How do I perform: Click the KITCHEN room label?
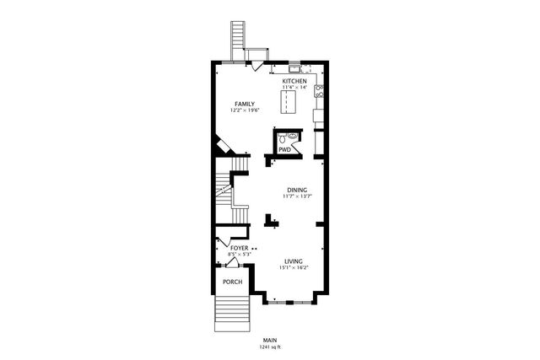[x=294, y=81]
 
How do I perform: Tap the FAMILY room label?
[x=245, y=104]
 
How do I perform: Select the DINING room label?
[x=296, y=190]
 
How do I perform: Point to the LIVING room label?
[x=294, y=261]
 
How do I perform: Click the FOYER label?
[x=228, y=248]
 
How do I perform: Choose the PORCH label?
[x=232, y=282]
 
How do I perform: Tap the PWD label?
[x=285, y=149]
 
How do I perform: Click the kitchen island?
[x=291, y=102]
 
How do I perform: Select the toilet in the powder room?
[x=292, y=134]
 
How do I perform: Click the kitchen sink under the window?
[x=294, y=67]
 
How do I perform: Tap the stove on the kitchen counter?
[x=319, y=89]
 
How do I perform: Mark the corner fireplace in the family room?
[x=223, y=147]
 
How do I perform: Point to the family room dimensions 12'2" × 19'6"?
[x=245, y=110]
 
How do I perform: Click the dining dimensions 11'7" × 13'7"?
[x=296, y=196]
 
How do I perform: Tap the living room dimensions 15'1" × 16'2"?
[x=294, y=268]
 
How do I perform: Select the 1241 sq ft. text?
[x=270, y=347]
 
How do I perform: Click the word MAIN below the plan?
[x=270, y=340]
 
